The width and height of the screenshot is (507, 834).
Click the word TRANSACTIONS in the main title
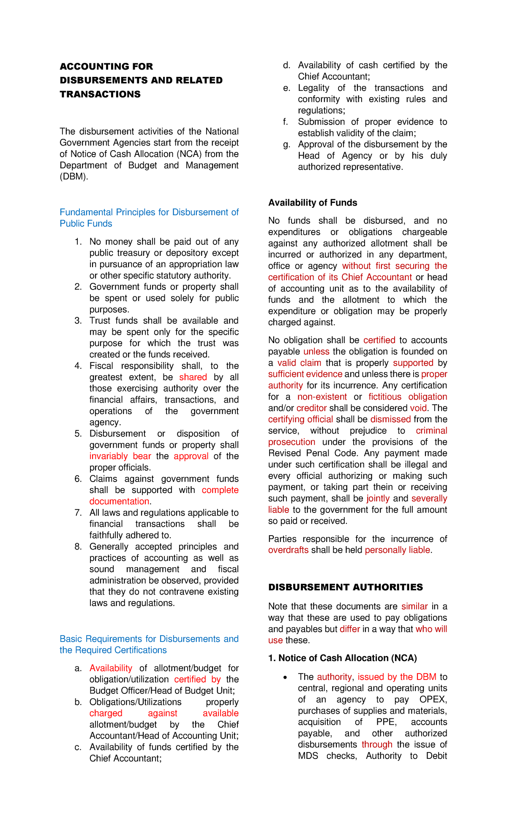click(100, 94)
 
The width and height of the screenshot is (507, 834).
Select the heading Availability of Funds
click(313, 203)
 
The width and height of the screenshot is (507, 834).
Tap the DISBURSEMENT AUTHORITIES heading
click(345, 587)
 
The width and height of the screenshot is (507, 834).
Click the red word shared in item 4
click(193, 377)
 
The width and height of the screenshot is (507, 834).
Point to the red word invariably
click(109, 456)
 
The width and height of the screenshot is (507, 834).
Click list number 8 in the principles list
click(78, 547)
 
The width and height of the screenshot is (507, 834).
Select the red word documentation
click(119, 501)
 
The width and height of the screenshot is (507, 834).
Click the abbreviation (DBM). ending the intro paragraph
click(74, 177)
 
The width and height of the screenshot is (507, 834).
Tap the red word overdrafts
click(288, 550)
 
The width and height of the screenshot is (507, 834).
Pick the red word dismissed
click(390, 420)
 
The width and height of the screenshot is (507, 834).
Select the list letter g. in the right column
click(287, 145)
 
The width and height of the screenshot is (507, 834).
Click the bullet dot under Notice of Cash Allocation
click(286, 677)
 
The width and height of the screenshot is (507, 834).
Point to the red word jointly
click(378, 498)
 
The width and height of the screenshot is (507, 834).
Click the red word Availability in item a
click(111, 668)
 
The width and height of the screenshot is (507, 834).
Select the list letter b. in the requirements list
click(78, 702)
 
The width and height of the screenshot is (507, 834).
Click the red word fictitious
click(385, 397)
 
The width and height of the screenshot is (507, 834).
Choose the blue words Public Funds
click(86, 224)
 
